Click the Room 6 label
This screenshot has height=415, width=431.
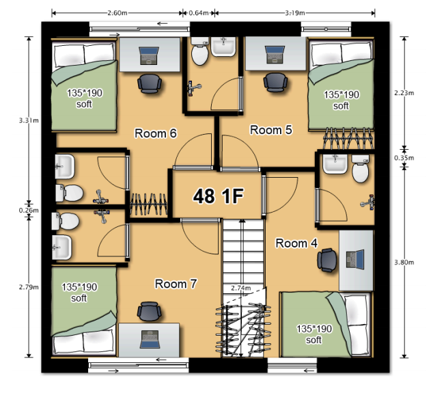point(156,133)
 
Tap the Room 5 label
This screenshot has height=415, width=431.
point(271,130)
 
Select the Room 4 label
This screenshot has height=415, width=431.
point(296,243)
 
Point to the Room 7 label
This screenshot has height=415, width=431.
point(176,284)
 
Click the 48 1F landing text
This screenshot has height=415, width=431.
point(219,196)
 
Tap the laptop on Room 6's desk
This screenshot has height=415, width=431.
point(150,56)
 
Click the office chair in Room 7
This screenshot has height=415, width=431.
point(149,311)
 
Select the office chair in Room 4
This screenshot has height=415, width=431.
point(327,260)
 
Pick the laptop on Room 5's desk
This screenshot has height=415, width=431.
point(275,55)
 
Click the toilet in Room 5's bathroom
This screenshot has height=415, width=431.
point(200,51)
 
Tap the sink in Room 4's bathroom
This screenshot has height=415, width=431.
point(335,164)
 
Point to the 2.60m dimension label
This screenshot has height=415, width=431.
point(117,13)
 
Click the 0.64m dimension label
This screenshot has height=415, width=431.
point(199,13)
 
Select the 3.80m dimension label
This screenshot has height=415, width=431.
point(404,263)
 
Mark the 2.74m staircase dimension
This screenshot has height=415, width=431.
point(241,288)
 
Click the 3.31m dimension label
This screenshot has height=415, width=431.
point(29,120)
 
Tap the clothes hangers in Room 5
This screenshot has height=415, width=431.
point(348,138)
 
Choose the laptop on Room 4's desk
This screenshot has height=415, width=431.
point(355,259)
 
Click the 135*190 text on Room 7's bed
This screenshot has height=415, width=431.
point(79,287)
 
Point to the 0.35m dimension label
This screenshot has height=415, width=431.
point(404,158)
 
